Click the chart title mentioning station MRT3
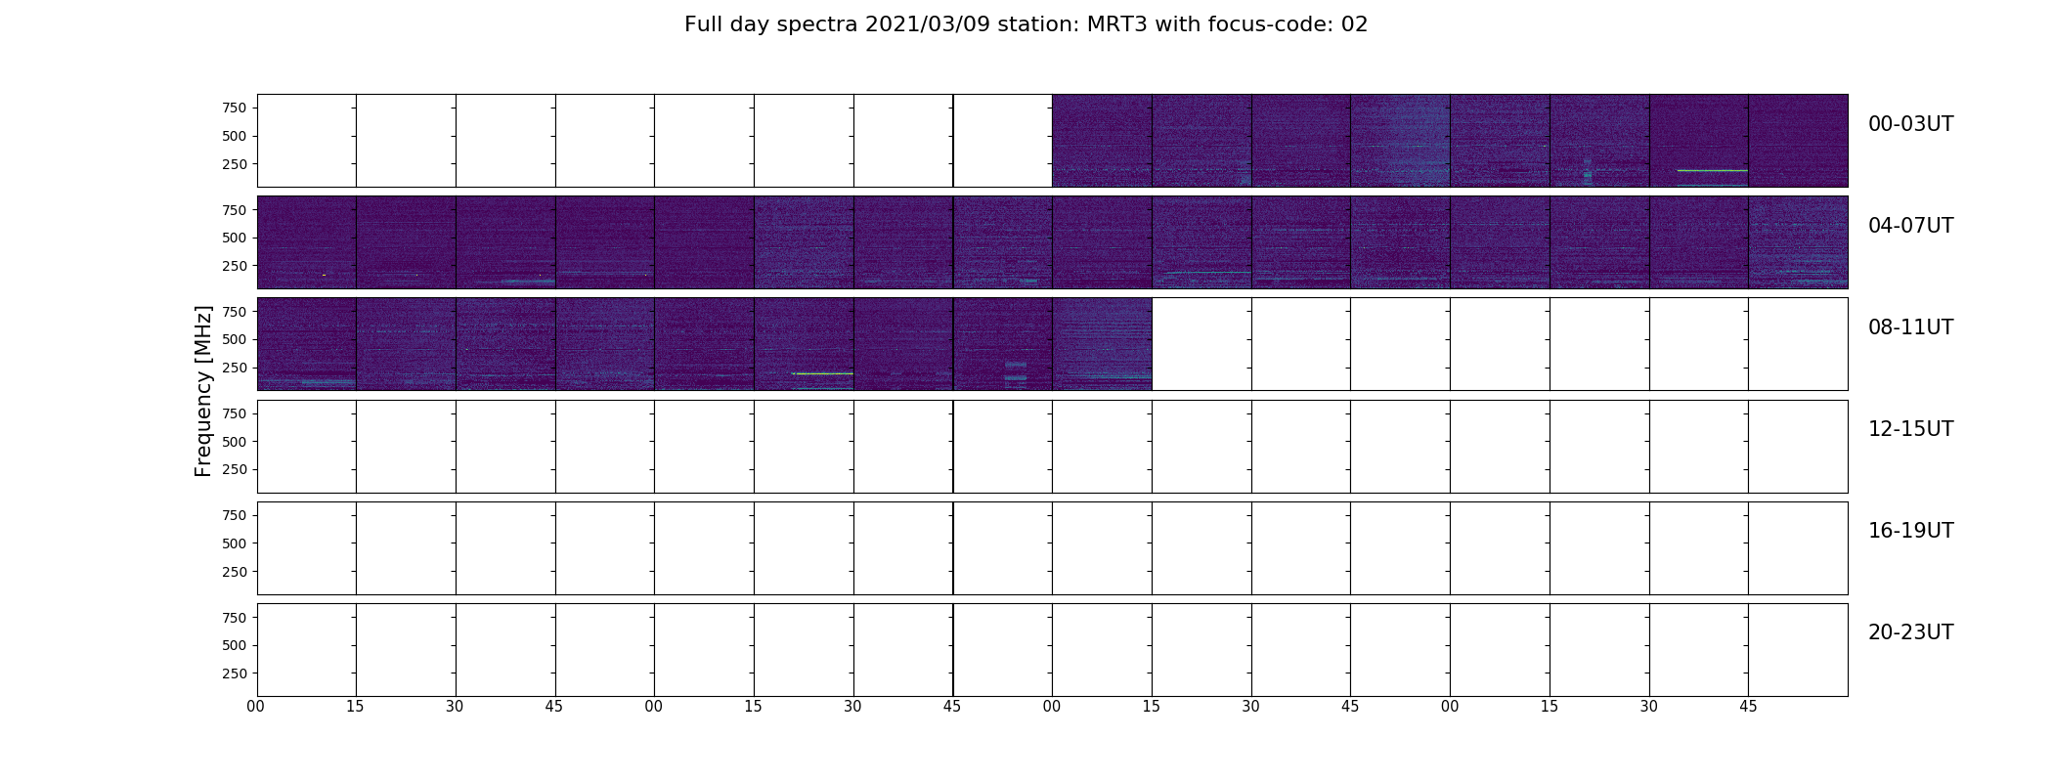point(1026,24)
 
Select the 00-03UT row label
point(1910,124)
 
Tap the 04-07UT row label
point(1910,226)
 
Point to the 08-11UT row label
point(1910,327)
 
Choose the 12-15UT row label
point(1910,429)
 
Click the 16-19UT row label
point(1910,531)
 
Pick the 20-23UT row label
point(1910,632)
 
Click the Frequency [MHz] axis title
point(203,391)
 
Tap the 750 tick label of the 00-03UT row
point(234,108)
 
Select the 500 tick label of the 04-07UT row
point(234,238)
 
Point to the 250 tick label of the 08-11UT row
point(234,368)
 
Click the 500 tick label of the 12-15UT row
point(234,442)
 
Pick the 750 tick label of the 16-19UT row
point(234,515)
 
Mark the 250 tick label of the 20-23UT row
point(234,673)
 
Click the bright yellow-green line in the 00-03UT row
point(1712,171)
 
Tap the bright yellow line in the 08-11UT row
point(823,373)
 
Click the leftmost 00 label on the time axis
point(256,707)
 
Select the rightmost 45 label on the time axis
point(1748,707)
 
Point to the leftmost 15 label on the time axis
point(355,707)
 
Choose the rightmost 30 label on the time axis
point(1649,707)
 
